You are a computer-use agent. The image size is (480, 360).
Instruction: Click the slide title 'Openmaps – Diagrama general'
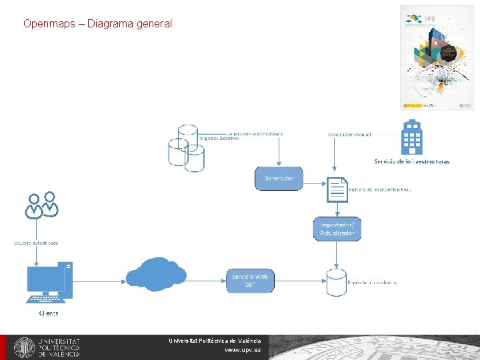point(97,23)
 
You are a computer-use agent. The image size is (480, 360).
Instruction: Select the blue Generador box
point(279,178)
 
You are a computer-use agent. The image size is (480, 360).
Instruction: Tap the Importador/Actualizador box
point(337,229)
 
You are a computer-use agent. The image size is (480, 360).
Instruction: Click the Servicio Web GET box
point(251,281)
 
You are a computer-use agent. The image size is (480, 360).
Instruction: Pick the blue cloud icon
point(156,275)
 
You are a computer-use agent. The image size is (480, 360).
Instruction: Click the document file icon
point(337,189)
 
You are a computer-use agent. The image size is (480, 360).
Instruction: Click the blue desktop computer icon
point(49,281)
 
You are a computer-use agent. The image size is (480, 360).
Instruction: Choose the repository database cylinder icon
point(336,282)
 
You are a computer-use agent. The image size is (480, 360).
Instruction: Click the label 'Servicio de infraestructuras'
point(411,161)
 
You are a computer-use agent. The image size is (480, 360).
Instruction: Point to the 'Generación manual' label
point(349,134)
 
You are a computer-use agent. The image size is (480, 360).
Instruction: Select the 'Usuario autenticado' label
point(37,243)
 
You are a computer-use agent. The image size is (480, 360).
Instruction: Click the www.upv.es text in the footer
point(243,349)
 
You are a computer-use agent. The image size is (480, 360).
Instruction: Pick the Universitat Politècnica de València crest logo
point(25,347)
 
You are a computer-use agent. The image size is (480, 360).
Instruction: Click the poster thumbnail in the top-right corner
point(437,57)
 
